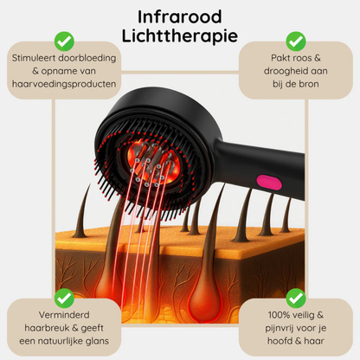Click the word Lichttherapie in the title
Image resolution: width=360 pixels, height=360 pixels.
pos(180,36)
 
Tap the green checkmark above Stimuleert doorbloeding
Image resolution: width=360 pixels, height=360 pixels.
pos(63,41)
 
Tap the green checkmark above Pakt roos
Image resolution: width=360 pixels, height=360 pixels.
pos(296,41)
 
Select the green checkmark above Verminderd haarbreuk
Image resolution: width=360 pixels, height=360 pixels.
pos(63,297)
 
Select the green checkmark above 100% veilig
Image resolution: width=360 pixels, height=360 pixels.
pos(296,297)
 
